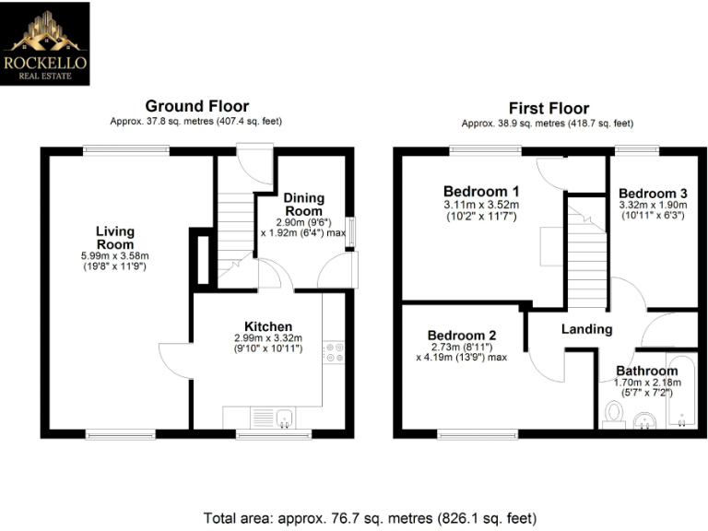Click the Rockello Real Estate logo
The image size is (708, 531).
click(x=46, y=43)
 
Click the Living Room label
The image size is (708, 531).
click(x=115, y=237)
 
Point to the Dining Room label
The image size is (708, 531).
click(x=303, y=205)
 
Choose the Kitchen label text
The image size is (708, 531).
click(x=268, y=326)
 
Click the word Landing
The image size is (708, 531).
click(x=586, y=329)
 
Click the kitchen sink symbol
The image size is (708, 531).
click(x=272, y=418)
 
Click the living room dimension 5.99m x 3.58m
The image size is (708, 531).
click(x=115, y=255)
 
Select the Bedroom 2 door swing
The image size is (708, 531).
click(x=548, y=364)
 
